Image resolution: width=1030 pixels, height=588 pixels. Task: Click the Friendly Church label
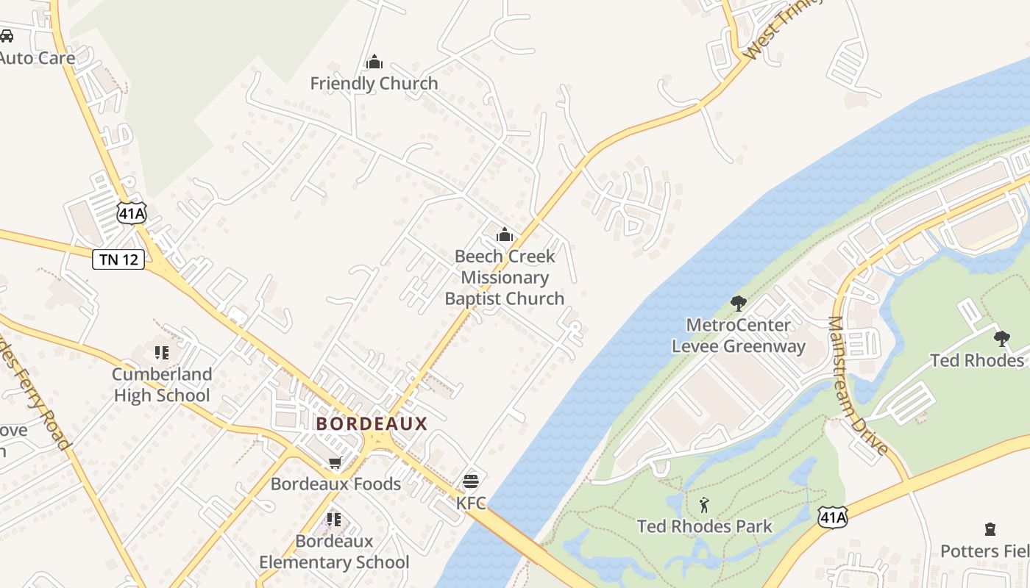click(374, 84)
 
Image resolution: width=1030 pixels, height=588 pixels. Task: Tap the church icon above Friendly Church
click(374, 62)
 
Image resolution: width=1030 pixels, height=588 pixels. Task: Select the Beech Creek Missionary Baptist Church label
click(505, 277)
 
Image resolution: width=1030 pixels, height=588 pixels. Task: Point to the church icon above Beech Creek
click(505, 235)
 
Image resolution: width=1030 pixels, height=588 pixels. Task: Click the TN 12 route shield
click(118, 259)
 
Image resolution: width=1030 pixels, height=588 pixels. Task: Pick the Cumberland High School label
click(162, 384)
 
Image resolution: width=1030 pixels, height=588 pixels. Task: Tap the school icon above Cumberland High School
click(162, 353)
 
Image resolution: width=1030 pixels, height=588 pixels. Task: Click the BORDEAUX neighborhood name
click(372, 423)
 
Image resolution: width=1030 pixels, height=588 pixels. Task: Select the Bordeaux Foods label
click(335, 484)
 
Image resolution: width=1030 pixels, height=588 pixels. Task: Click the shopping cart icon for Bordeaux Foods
click(335, 463)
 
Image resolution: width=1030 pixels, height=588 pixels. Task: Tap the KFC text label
click(471, 503)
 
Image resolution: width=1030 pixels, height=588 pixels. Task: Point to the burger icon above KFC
click(471, 481)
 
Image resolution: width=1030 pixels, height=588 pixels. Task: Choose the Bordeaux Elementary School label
click(334, 552)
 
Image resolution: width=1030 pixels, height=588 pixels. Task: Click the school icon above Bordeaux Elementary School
click(334, 520)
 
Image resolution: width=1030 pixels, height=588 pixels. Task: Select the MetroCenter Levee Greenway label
click(739, 335)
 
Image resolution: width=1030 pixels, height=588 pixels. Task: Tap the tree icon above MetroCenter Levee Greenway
click(739, 303)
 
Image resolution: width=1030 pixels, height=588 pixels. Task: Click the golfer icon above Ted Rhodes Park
click(704, 505)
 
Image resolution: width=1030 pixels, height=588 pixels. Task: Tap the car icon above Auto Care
click(6, 35)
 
